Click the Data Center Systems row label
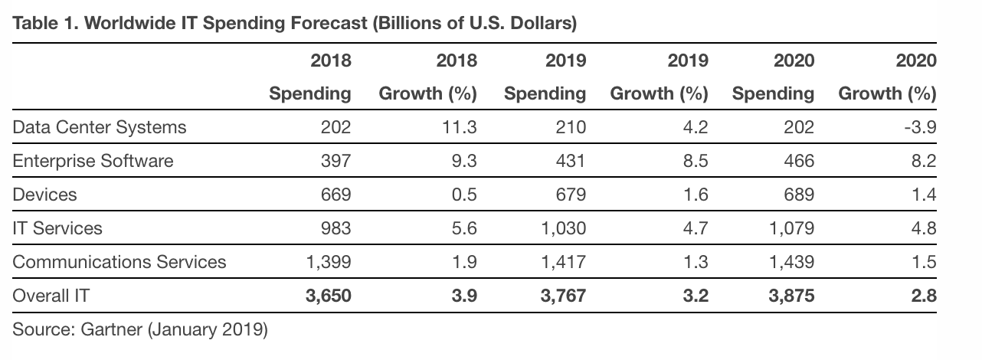point(100,127)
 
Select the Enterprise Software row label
point(93,161)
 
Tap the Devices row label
point(45,195)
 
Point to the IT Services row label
point(57,228)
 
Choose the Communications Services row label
point(119,262)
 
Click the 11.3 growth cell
point(460,127)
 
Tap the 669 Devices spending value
point(336,195)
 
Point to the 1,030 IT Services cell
point(564,228)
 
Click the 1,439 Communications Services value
point(792,262)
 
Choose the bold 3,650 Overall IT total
point(328,296)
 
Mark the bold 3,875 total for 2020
point(791,296)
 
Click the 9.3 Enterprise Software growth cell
point(464,161)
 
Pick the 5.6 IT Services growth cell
point(464,228)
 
